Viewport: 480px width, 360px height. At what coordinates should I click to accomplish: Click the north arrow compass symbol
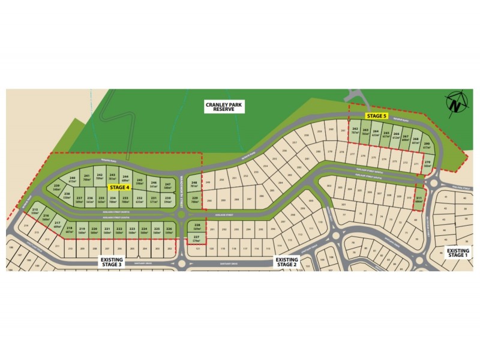(x=455, y=103)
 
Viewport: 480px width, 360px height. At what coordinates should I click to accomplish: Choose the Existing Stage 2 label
(x=286, y=261)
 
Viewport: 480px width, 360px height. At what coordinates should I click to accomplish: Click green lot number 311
(x=419, y=199)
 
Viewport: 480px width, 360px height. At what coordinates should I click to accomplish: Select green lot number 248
(x=194, y=185)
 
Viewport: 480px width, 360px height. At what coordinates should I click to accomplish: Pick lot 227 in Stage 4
(x=196, y=239)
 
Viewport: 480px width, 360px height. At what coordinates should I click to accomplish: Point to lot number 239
(x=57, y=187)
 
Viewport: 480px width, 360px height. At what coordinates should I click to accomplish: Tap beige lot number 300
(x=311, y=201)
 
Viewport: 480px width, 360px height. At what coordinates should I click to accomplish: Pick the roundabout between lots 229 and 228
(x=182, y=214)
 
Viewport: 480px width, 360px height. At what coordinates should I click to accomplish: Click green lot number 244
(x=125, y=178)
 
